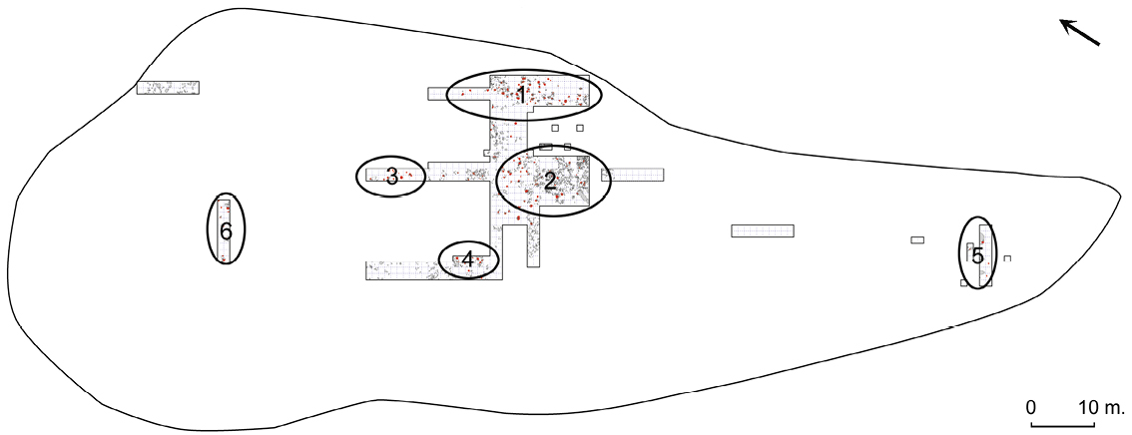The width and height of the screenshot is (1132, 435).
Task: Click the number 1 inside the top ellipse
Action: [520, 94]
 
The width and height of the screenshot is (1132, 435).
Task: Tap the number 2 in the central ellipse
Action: [549, 181]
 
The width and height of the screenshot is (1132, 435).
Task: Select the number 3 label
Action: [391, 176]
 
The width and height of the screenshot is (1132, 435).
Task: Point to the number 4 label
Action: [468, 258]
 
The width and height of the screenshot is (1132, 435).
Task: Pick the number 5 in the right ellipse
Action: [977, 256]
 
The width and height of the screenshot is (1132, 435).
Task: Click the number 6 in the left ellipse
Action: [226, 231]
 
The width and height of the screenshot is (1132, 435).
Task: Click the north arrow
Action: [1079, 33]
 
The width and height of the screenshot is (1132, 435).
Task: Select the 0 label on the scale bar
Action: [1031, 406]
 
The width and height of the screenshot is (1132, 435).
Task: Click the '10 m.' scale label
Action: [1101, 406]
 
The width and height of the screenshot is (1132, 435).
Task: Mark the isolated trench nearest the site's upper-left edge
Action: [169, 87]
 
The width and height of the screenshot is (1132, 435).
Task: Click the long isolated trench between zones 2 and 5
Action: [763, 230]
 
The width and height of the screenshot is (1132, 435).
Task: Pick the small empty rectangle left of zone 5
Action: [917, 239]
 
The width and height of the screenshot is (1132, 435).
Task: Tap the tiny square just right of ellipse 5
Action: [1008, 257]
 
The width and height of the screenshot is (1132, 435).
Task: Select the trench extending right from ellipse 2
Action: [633, 175]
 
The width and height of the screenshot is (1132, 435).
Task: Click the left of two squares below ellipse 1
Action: [555, 129]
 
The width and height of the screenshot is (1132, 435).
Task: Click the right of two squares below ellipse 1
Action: [580, 129]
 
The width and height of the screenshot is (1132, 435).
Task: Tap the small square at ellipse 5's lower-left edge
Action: [964, 282]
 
